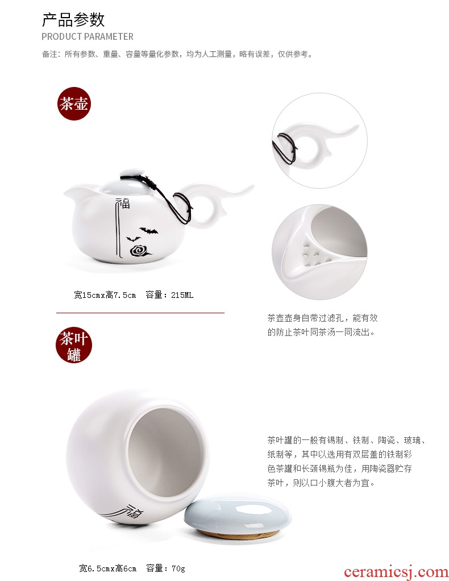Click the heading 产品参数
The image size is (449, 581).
(x=73, y=20)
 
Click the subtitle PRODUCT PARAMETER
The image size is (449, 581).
(x=88, y=36)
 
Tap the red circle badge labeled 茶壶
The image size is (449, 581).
(x=74, y=103)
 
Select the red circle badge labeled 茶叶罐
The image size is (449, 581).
(x=74, y=345)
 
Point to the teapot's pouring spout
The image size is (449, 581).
(x=76, y=192)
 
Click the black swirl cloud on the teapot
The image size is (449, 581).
(x=140, y=251)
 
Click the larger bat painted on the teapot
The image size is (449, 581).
(x=149, y=231)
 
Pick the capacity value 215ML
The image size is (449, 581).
(x=182, y=295)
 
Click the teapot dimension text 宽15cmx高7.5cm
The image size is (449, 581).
(x=105, y=295)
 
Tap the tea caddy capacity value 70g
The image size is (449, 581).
(x=178, y=568)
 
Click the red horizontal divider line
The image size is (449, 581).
(x=140, y=313)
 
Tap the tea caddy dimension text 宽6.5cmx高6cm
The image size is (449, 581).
(x=108, y=568)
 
